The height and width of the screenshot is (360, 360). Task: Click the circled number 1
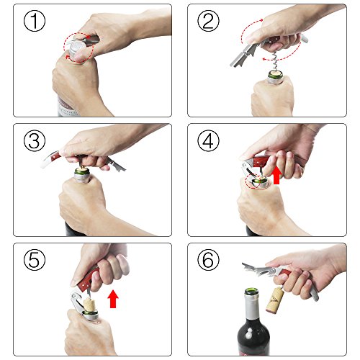tap(35, 21)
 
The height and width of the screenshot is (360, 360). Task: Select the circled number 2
tap(208, 21)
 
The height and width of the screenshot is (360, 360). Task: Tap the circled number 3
tap(35, 140)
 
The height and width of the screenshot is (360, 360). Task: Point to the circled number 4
tap(208, 140)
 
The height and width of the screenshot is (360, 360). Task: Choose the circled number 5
tap(35, 260)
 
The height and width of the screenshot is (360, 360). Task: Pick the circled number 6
tap(208, 260)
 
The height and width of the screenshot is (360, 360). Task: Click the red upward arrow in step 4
tap(276, 176)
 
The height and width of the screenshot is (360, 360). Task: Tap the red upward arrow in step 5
tap(113, 299)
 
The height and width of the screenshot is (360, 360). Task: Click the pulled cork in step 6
tap(275, 300)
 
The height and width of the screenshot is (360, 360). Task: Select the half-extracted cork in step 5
tap(89, 305)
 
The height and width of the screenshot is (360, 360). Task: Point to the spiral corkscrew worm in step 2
tap(274, 60)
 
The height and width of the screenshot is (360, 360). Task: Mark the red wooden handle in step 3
tap(56, 157)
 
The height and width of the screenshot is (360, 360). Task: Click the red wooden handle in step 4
tap(261, 161)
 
